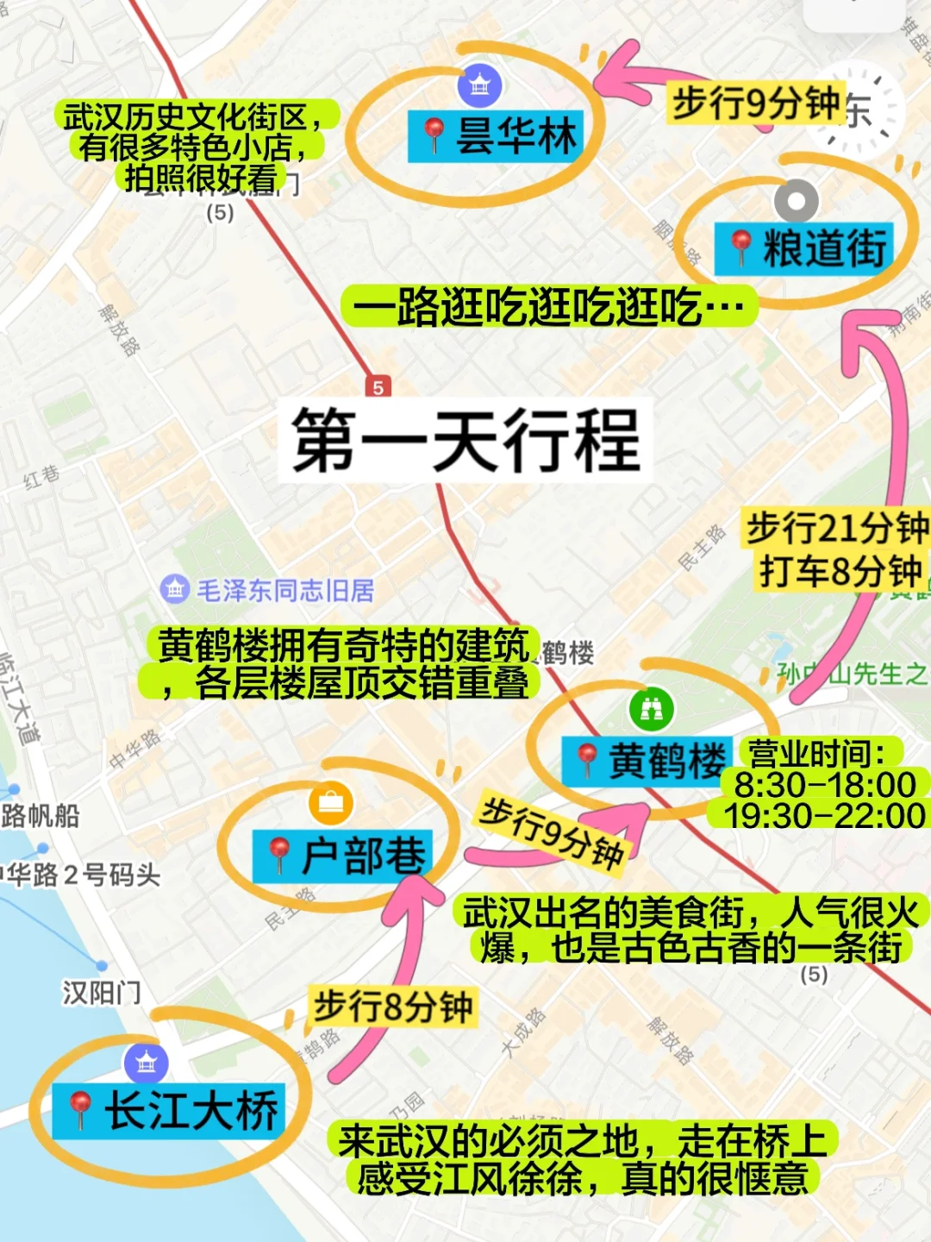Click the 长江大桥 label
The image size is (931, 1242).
pos(170,1111)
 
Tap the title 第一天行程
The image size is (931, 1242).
pos(465,441)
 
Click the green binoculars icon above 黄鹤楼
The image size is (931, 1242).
pos(652,709)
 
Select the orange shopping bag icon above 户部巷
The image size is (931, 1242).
pos(330,803)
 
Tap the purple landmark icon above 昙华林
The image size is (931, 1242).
pos(479,85)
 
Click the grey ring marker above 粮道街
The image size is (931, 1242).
pos(796,202)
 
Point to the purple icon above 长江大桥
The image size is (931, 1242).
pos(147,1063)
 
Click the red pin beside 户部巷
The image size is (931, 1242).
pos(279,856)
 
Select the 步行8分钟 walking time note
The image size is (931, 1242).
pos(393,1007)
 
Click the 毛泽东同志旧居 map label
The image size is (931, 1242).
pos(284,591)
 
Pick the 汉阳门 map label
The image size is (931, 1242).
pos(101,993)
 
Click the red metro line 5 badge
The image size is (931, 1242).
pos(378,387)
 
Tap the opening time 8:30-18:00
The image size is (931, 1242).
pos(824,785)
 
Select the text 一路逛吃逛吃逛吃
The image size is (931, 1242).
pos(548,306)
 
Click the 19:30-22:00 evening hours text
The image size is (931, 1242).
pos(824,815)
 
